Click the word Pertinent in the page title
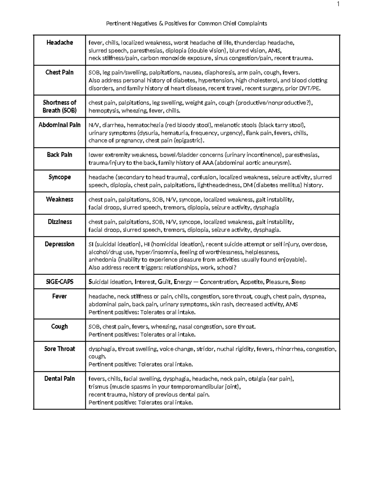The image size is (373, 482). [117, 24]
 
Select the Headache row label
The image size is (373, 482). [59, 43]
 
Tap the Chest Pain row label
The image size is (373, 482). [59, 72]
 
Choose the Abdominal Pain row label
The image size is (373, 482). [59, 125]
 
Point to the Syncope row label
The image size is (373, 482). [59, 177]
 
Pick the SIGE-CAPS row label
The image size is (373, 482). [59, 282]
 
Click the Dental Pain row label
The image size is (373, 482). [59, 379]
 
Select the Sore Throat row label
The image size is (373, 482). [59, 349]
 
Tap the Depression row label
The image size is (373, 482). [59, 244]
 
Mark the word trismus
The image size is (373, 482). [98, 387]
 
